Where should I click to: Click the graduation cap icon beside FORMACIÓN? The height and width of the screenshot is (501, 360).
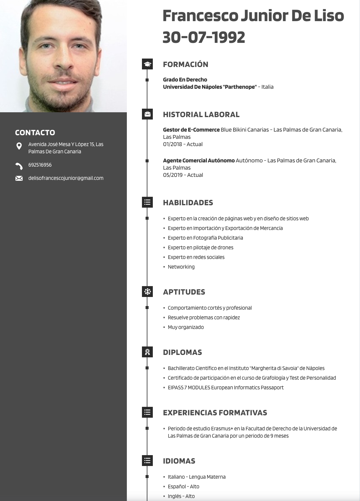[x=147, y=64]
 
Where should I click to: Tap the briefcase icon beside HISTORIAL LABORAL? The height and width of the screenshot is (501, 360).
[x=147, y=114]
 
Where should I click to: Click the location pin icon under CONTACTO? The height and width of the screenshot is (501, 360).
[x=19, y=146]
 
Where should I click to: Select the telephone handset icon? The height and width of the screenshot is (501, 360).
[x=19, y=166]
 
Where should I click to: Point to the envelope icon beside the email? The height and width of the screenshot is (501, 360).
[x=19, y=178]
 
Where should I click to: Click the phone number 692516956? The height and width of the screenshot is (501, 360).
[x=40, y=165]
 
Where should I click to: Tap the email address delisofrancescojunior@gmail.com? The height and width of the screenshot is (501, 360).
[x=66, y=178]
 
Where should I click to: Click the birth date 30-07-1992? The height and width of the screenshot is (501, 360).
[x=204, y=37]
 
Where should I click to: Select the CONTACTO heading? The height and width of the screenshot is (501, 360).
[x=35, y=132]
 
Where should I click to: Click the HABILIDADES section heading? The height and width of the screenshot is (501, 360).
[x=188, y=203]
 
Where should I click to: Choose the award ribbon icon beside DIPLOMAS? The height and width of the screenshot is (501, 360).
[x=147, y=352]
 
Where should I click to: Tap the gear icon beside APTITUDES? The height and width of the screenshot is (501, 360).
[x=147, y=292]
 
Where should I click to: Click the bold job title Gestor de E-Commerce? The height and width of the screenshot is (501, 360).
[x=191, y=130]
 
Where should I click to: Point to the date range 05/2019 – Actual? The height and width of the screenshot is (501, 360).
[x=183, y=175]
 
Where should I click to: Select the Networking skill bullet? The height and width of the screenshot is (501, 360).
[x=181, y=267]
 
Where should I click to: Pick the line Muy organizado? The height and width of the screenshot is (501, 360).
[x=186, y=327]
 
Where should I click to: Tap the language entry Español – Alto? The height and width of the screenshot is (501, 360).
[x=183, y=487]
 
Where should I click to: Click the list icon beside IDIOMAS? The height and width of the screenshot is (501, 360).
[x=147, y=461]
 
